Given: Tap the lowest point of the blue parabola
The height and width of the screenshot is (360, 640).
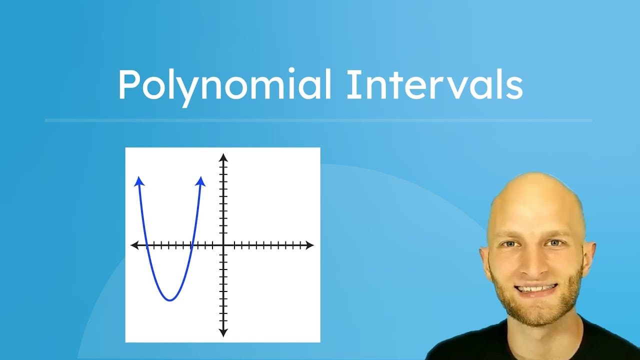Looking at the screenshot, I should tap(170, 300).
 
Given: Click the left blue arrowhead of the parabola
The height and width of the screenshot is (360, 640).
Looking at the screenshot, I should tap(138, 180).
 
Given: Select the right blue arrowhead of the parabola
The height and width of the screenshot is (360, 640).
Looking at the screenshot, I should tap(201, 180).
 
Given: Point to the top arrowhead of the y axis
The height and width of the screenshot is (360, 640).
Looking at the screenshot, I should tap(223, 157).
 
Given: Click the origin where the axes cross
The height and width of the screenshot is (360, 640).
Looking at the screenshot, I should tap(223, 245).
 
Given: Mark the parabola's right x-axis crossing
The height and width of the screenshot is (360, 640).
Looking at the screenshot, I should tap(192, 245).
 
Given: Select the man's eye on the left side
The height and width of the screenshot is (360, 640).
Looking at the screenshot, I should tap(510, 244).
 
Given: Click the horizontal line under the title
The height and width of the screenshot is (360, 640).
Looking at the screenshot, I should tap(318, 120).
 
